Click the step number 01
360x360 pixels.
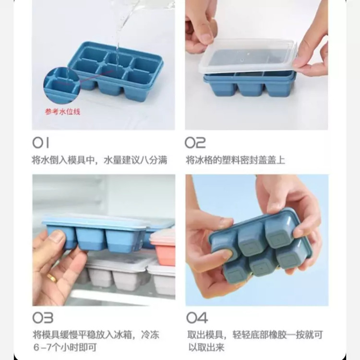point(41,143)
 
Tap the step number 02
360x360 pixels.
point(195,143)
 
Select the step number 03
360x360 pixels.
point(43,318)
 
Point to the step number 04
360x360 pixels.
point(197,318)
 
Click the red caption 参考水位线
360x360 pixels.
point(62,112)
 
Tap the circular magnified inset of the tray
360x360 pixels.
point(61,84)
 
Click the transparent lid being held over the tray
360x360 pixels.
point(248,58)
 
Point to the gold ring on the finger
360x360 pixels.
point(52,278)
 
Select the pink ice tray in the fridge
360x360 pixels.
point(163,244)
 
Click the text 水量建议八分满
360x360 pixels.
point(135,160)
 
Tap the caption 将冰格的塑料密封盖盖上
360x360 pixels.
point(235,160)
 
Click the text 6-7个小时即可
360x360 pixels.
point(65,348)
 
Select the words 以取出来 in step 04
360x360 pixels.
point(206,348)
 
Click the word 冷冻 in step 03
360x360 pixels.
point(150,335)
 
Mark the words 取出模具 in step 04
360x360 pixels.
point(205,335)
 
